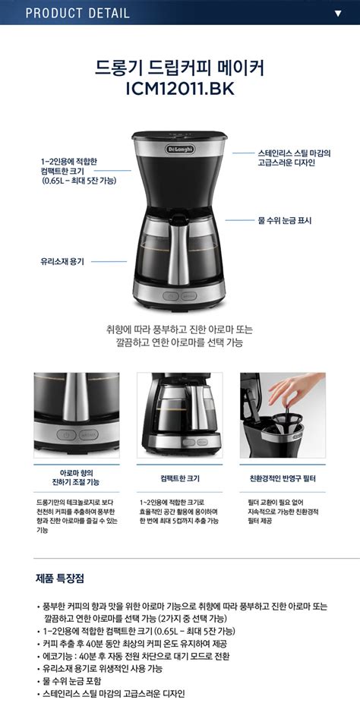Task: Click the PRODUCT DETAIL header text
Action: tap(77, 13)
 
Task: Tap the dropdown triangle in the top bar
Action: tap(338, 13)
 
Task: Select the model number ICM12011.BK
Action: tap(180, 89)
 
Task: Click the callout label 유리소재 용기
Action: tap(62, 260)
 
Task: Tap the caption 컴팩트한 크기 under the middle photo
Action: tap(180, 479)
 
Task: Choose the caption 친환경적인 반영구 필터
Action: tap(283, 479)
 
